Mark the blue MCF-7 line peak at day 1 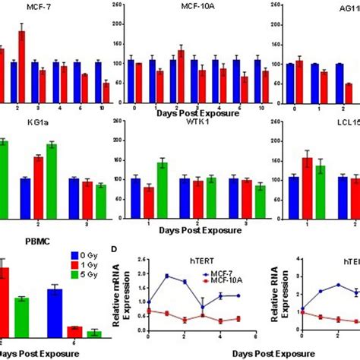tap(166, 276)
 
